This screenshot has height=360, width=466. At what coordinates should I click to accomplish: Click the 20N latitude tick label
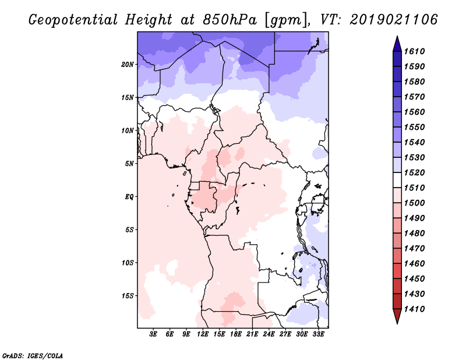point(128,64)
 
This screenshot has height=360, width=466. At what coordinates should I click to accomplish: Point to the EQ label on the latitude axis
point(129,197)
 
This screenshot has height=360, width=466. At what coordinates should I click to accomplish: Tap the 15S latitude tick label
point(128,296)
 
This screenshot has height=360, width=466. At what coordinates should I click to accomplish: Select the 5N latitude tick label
point(129,164)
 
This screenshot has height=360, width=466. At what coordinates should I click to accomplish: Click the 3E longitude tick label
point(154,334)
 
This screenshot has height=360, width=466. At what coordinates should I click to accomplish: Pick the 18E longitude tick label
point(236,334)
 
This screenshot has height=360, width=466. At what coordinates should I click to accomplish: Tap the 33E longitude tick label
point(318,334)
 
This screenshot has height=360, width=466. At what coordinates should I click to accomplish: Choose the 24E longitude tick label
point(269,334)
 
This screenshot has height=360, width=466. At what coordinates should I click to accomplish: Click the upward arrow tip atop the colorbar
point(397,38)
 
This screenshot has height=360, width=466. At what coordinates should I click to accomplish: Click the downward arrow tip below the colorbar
point(397,322)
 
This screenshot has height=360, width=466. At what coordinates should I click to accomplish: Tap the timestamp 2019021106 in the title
point(394,20)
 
